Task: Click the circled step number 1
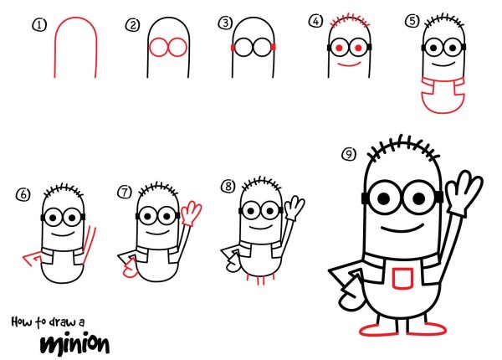pyautogui.click(x=39, y=25)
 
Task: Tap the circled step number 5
pyautogui.click(x=412, y=21)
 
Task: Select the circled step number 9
pyautogui.click(x=349, y=154)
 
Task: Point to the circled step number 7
pyautogui.click(x=125, y=193)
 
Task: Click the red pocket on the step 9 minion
pyautogui.click(x=402, y=278)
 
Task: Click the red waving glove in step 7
pyautogui.click(x=191, y=213)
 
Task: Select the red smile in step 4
pyautogui.click(x=349, y=64)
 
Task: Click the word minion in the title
pyautogui.click(x=75, y=345)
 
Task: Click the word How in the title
pyautogui.click(x=21, y=321)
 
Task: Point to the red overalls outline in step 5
pyautogui.click(x=443, y=95)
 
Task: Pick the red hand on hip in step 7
pyautogui.click(x=131, y=269)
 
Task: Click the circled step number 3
pyautogui.click(x=225, y=23)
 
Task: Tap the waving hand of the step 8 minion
pyautogui.click(x=295, y=208)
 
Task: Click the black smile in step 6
pyautogui.click(x=63, y=234)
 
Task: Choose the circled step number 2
pyautogui.click(x=132, y=25)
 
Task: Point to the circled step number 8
pyautogui.click(x=228, y=186)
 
